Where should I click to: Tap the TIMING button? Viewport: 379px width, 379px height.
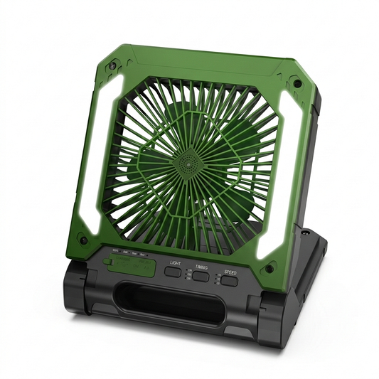pyautogui.click(x=201, y=277)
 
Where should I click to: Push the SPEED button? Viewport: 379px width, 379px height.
pyautogui.click(x=229, y=281)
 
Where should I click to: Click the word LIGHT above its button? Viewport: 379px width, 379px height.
pyautogui.click(x=174, y=262)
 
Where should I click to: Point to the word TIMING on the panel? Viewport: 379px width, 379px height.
pyautogui.click(x=201, y=267)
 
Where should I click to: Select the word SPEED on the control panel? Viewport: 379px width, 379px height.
pyautogui.click(x=230, y=271)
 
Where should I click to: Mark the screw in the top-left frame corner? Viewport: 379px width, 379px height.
pyautogui.click(x=112, y=67)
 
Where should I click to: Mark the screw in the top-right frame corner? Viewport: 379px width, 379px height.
pyautogui.click(x=297, y=83)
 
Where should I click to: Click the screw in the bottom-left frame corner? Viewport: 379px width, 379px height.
pyautogui.click(x=84, y=240)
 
